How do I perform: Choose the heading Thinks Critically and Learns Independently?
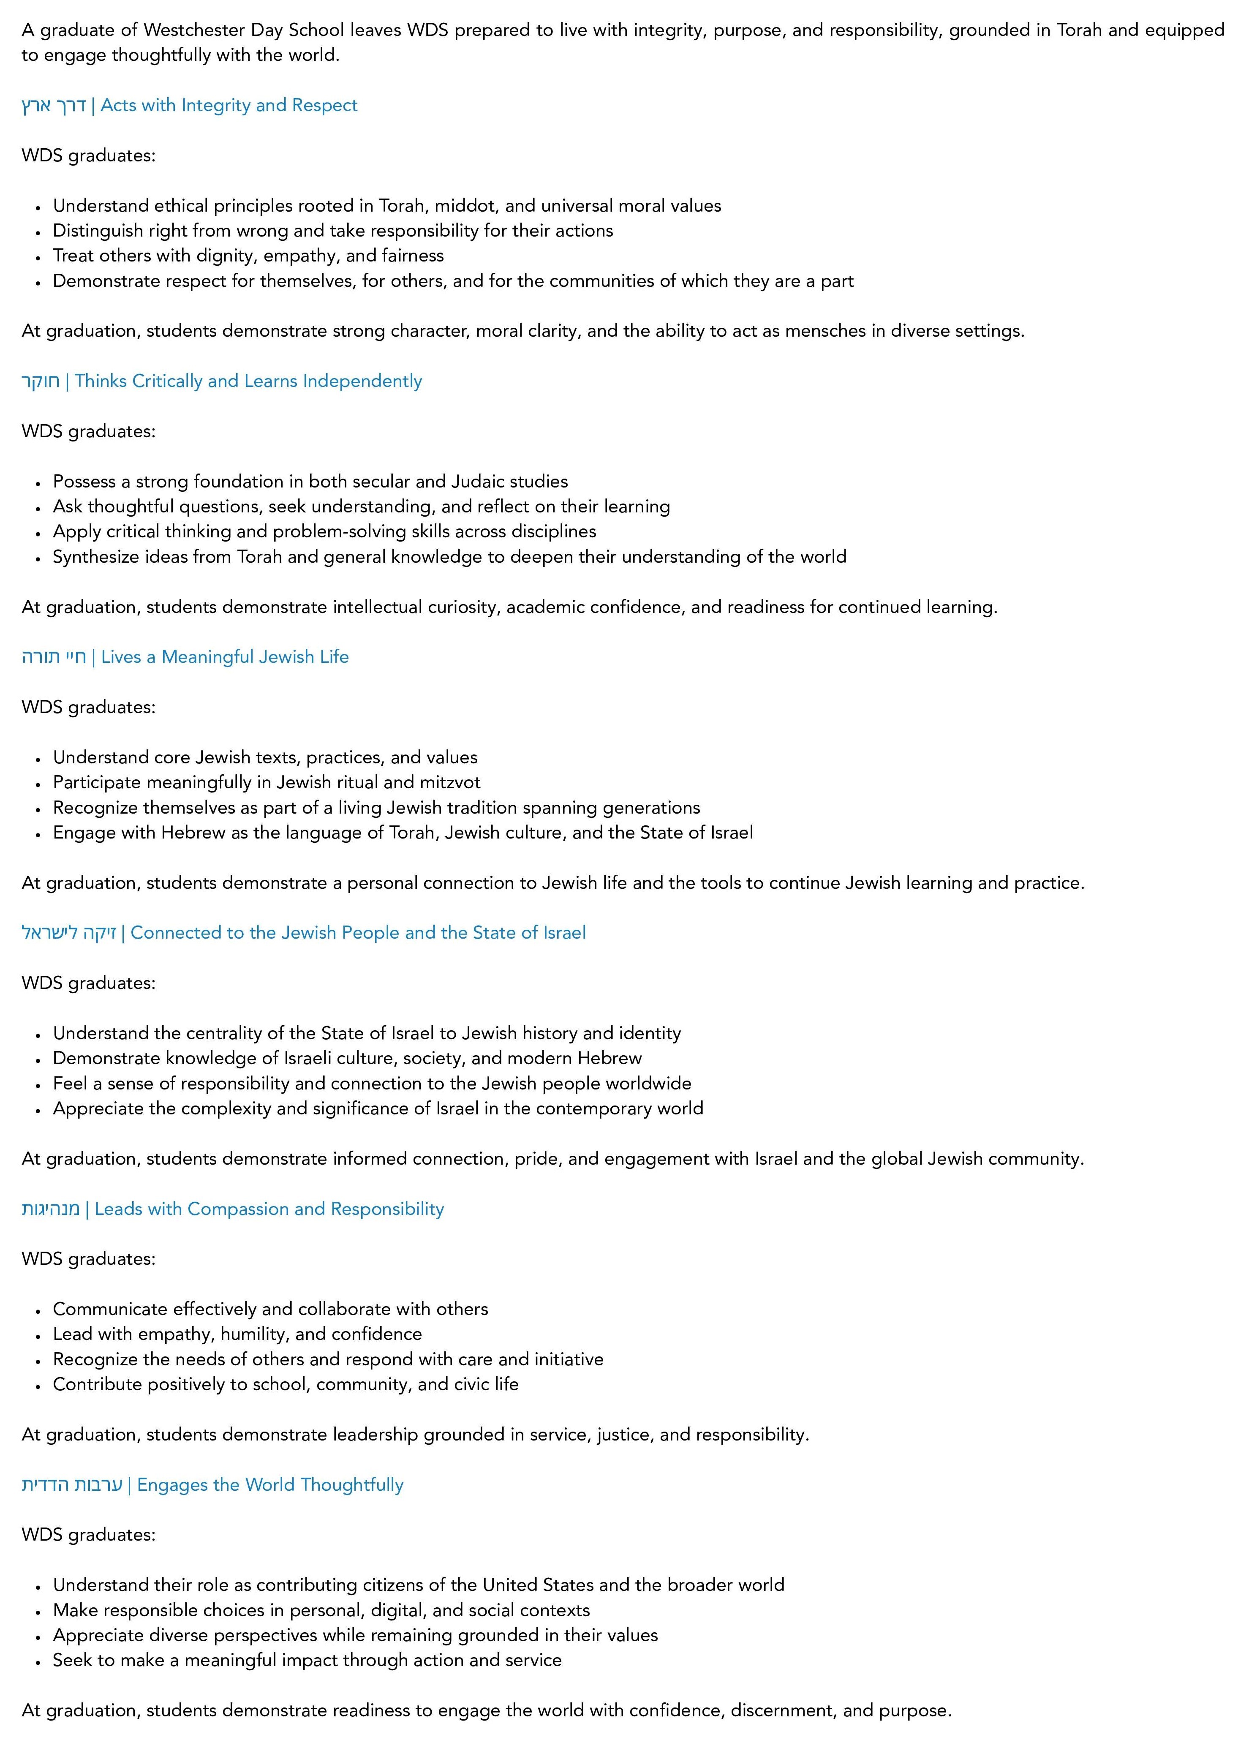point(248,381)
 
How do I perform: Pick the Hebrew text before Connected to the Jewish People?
point(68,933)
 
